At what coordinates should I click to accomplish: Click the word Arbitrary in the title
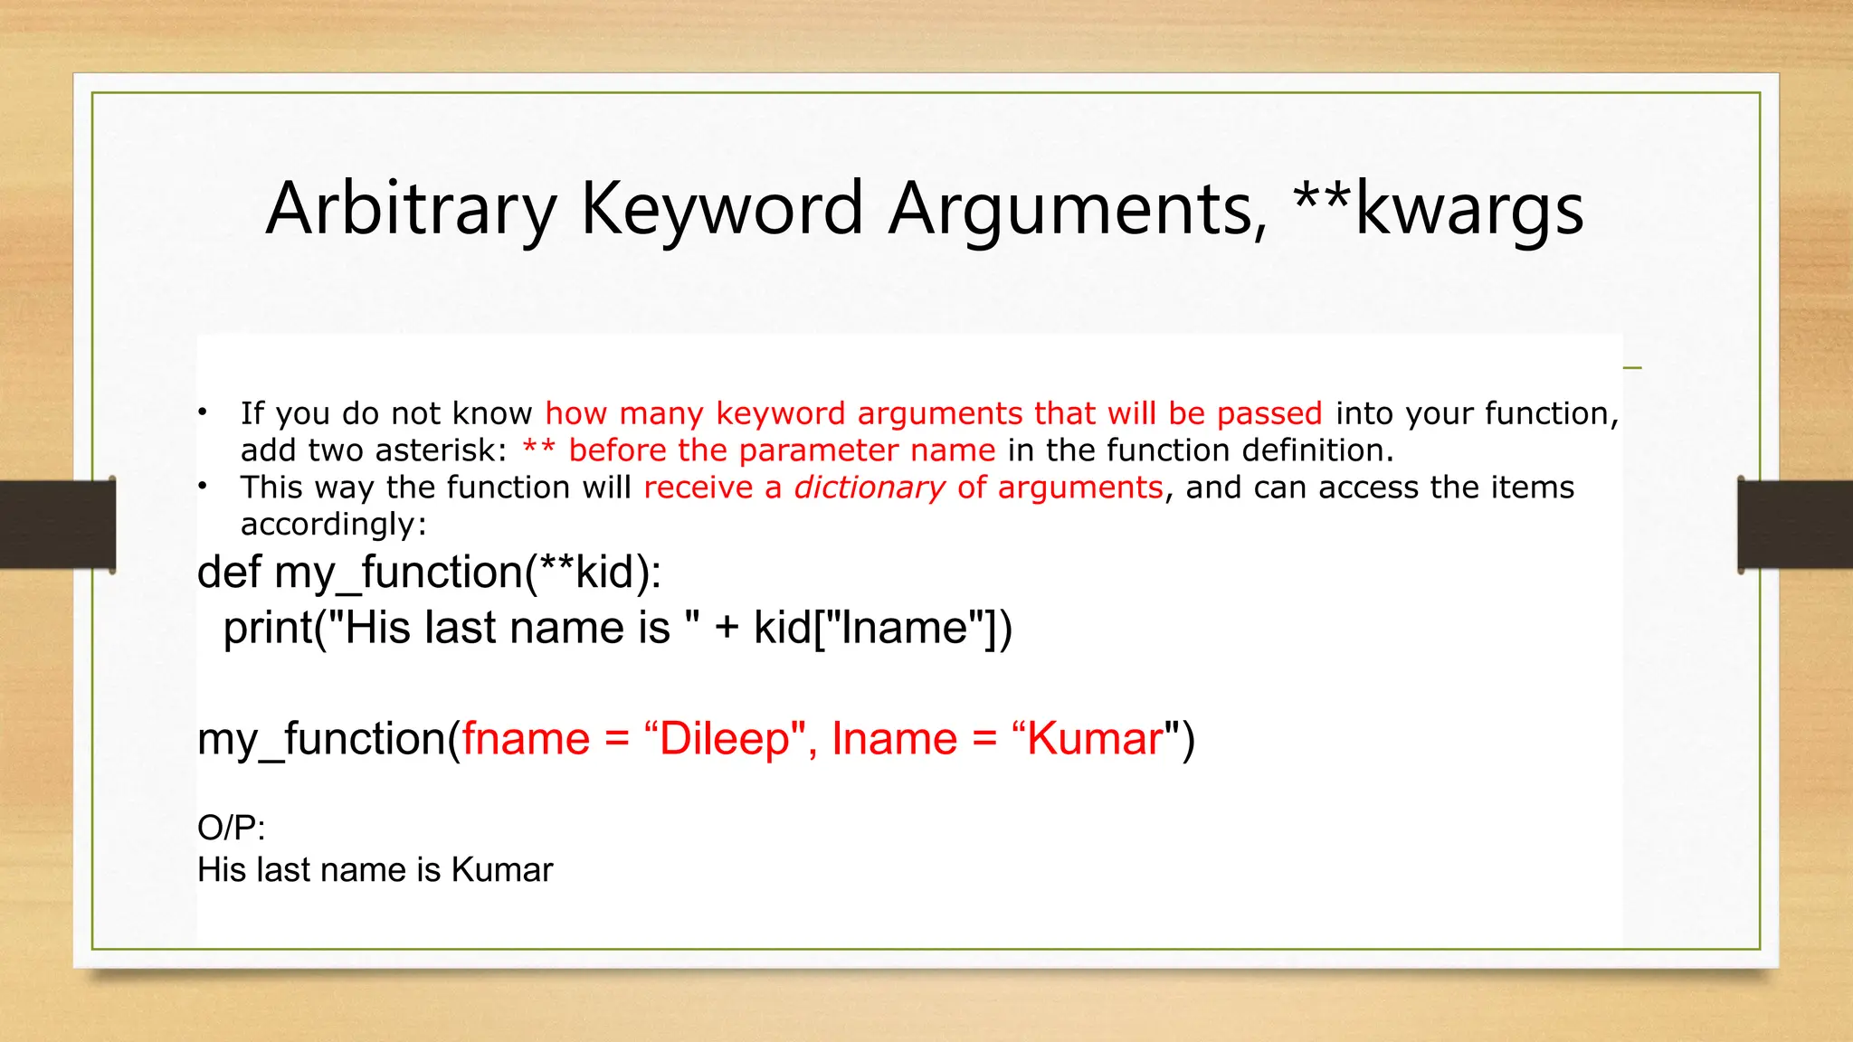411,210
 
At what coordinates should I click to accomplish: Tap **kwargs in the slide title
1439,210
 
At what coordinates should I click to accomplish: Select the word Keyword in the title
721,210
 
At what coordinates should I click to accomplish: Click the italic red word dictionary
869,488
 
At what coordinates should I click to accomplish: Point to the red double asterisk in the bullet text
538,450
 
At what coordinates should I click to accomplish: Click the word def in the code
229,573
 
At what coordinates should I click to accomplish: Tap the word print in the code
268,628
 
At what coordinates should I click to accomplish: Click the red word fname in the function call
526,739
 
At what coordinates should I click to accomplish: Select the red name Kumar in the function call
1094,739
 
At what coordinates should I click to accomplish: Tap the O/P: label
231,828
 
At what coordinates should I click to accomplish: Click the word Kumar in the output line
501,870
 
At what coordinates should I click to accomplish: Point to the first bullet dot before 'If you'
204,413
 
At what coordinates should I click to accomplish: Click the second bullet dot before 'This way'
204,487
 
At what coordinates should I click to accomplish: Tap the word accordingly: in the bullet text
333,525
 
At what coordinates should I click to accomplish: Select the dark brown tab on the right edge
1795,525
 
